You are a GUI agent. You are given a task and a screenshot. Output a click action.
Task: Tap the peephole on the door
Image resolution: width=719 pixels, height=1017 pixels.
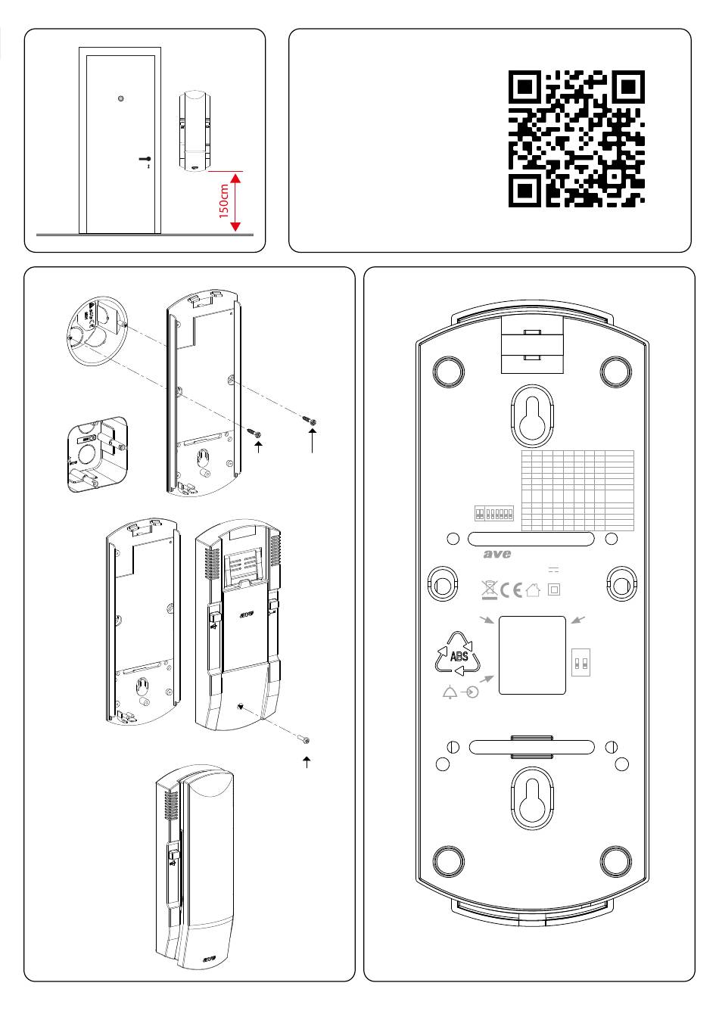(121, 98)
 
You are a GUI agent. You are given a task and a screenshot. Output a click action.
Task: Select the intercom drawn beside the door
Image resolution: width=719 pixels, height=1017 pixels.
(194, 130)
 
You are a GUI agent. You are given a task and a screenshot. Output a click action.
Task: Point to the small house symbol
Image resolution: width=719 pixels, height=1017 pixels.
(534, 589)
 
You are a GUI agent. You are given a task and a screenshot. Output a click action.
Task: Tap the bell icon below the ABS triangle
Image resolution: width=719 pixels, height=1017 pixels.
(451, 692)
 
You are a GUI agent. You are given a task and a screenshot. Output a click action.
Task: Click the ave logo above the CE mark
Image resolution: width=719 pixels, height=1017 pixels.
(497, 555)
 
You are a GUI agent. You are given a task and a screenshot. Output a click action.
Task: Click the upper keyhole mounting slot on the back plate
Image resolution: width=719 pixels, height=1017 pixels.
(530, 415)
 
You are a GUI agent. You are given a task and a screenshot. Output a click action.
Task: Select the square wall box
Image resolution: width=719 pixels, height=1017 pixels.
(96, 455)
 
